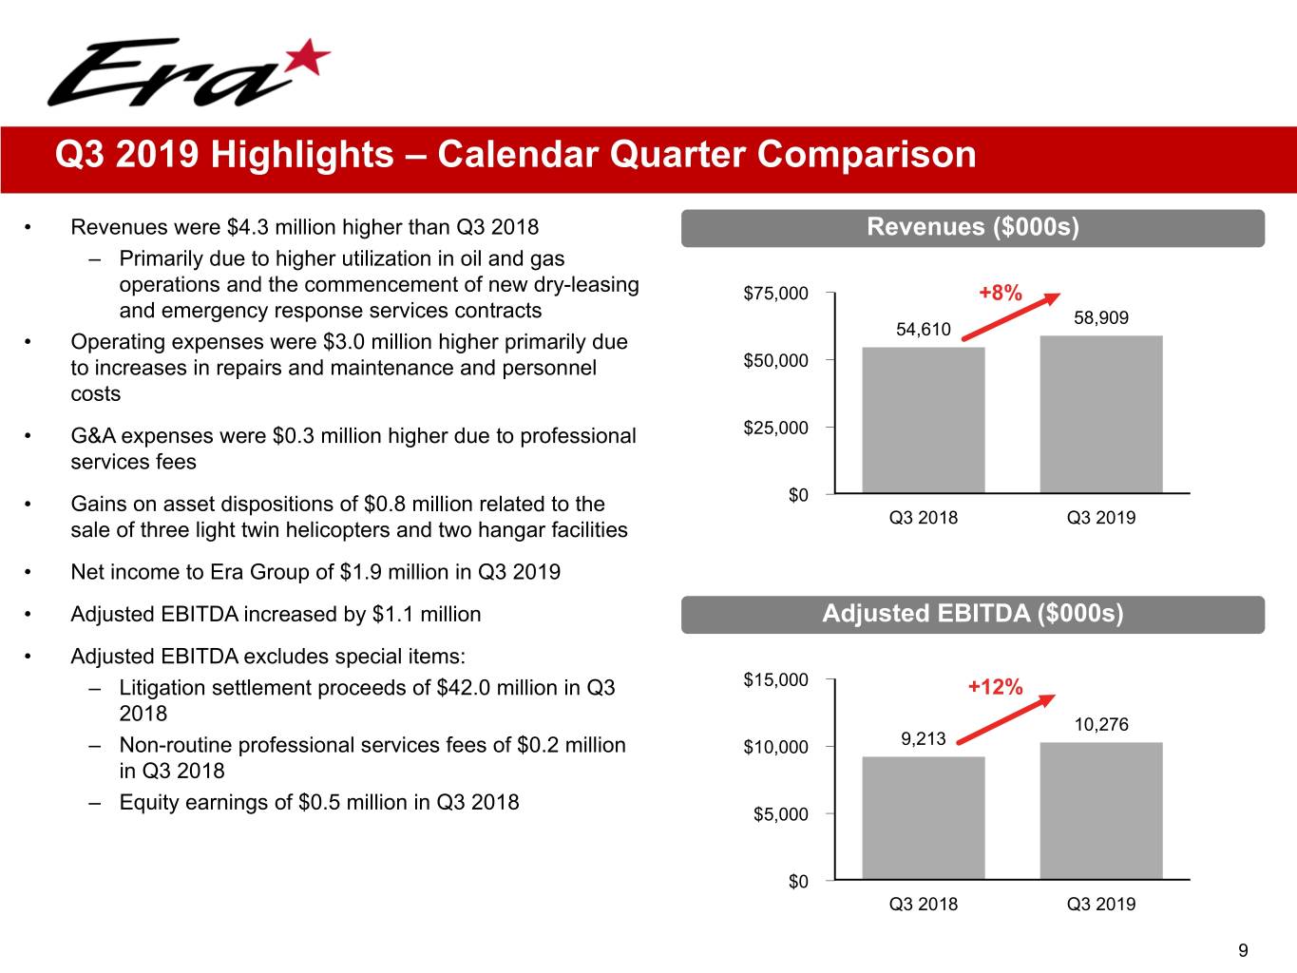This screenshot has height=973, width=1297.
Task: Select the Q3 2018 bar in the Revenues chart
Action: pyautogui.click(x=923, y=419)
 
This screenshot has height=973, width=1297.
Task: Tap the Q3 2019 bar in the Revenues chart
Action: pyautogui.click(x=1100, y=413)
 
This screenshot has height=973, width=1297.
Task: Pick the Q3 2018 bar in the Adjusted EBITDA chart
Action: pyautogui.click(x=923, y=817)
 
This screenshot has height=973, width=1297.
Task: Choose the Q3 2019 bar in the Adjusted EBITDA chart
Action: pyautogui.click(x=1100, y=811)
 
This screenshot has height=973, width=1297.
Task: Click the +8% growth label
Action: pyautogui.click(x=1001, y=293)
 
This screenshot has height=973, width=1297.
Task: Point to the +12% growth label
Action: pyautogui.click(x=995, y=687)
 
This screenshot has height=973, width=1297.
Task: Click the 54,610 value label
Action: pyautogui.click(x=923, y=330)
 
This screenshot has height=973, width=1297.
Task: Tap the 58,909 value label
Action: pyautogui.click(x=1100, y=318)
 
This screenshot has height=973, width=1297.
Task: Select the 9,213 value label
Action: pyautogui.click(x=923, y=738)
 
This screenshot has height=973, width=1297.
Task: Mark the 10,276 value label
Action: pyautogui.click(x=1100, y=725)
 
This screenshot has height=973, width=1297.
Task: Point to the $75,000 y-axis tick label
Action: pyautogui.click(x=775, y=294)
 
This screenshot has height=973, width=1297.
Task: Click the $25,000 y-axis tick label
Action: pyautogui.click(x=775, y=429)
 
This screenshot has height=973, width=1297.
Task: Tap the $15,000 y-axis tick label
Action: pyautogui.click(x=775, y=680)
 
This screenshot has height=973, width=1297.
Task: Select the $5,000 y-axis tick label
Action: pyautogui.click(x=780, y=814)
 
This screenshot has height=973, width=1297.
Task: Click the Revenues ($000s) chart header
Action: pyautogui.click(x=972, y=227)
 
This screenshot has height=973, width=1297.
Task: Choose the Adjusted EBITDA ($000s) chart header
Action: pyautogui.click(x=972, y=614)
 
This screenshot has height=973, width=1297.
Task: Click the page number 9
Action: pyautogui.click(x=1243, y=950)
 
